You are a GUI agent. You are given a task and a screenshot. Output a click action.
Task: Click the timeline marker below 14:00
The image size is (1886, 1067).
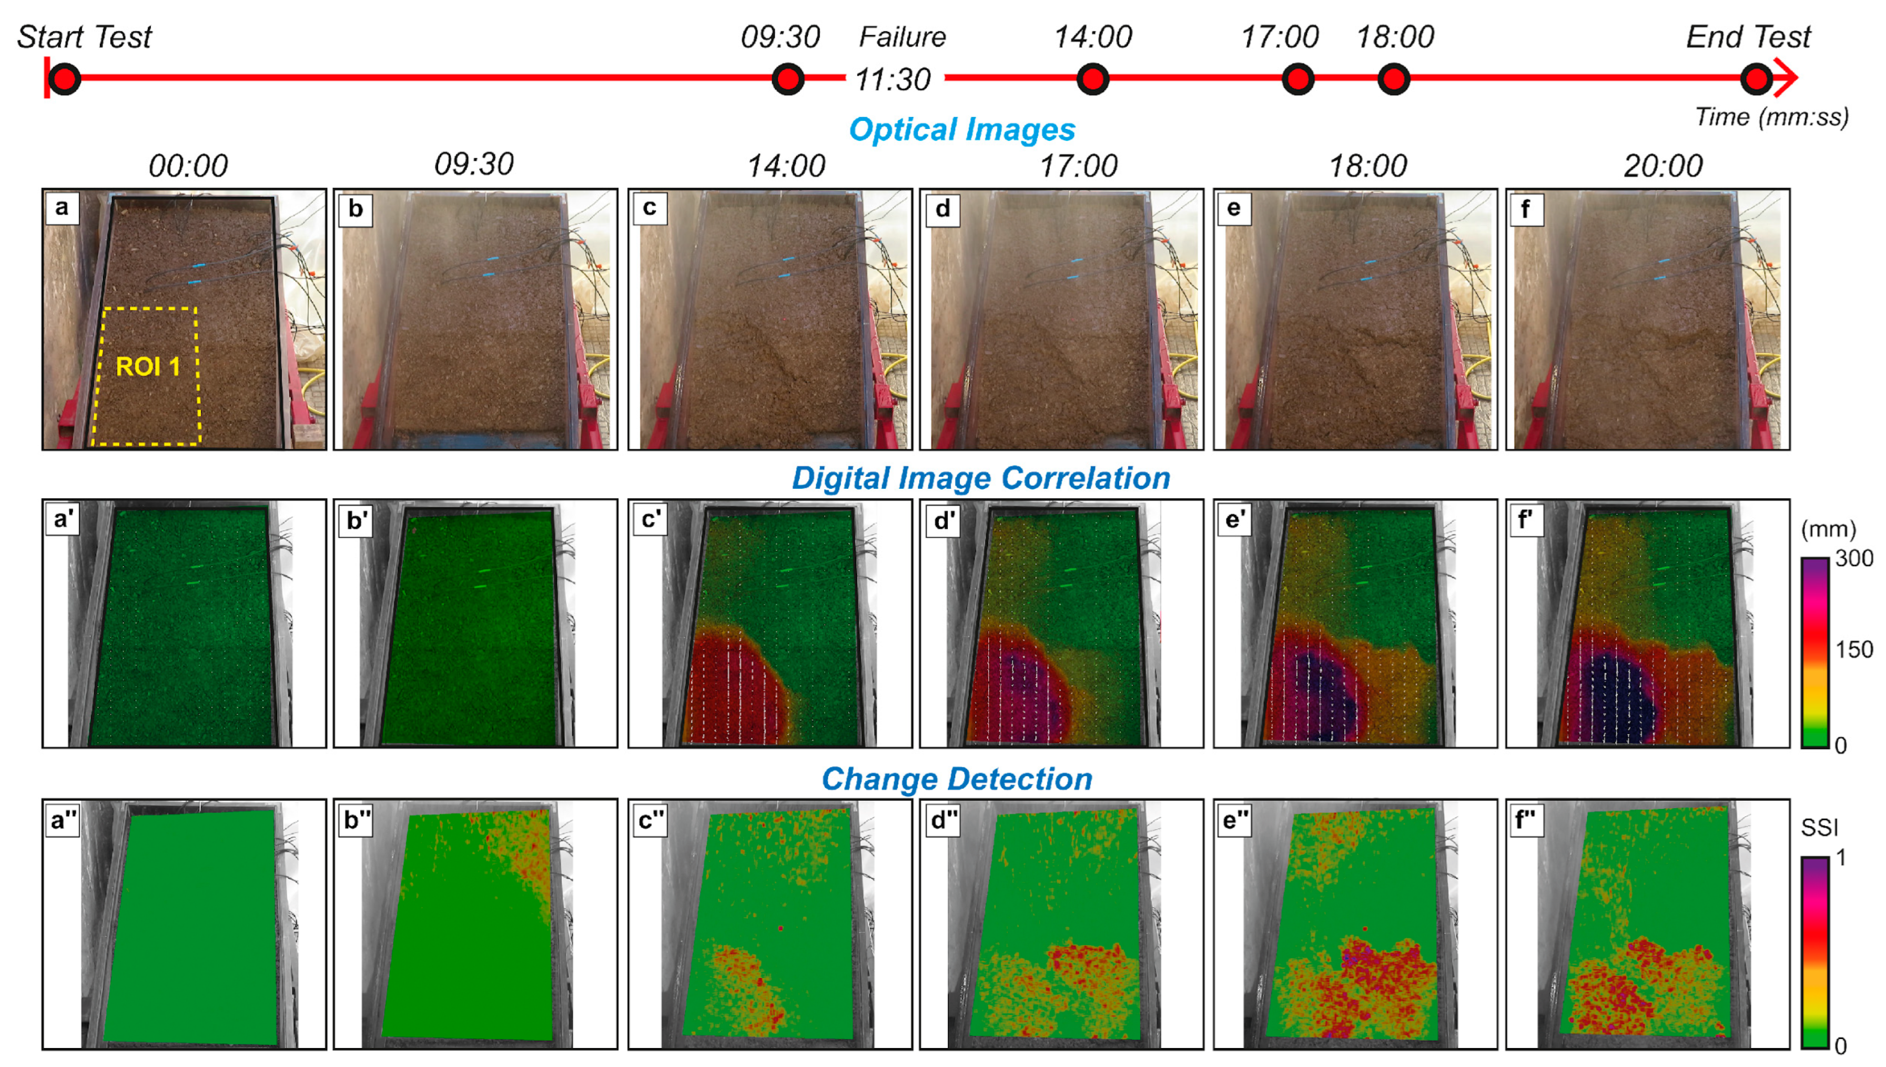[x=1092, y=79]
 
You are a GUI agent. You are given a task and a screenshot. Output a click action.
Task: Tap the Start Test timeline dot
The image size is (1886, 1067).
[x=65, y=79]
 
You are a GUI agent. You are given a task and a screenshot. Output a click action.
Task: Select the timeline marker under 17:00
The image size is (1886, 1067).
[x=1297, y=79]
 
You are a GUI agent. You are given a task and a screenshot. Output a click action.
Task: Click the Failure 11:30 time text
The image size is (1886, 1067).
[x=893, y=79]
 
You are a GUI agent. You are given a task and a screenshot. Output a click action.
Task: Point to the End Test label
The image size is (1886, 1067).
[x=1748, y=37]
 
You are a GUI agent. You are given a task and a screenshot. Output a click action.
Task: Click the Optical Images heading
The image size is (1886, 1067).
[x=962, y=130]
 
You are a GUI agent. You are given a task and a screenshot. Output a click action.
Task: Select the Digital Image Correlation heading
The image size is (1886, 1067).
[x=981, y=478]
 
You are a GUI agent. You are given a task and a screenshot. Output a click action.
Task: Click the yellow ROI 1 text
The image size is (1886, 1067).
[x=148, y=366]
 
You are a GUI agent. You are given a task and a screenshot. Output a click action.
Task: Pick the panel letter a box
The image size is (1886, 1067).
[x=62, y=208]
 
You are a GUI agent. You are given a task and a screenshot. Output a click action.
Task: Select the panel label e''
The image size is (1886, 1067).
[x=1235, y=819]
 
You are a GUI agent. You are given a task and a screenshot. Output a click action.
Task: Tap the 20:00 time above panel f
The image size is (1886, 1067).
[x=1662, y=166]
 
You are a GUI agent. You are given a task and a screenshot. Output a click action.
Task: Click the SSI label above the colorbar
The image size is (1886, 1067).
[x=1819, y=828]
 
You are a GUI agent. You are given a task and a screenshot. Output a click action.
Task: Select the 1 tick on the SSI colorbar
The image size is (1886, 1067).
[x=1841, y=858]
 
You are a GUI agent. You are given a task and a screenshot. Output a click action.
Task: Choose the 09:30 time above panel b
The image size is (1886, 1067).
[x=474, y=165]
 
